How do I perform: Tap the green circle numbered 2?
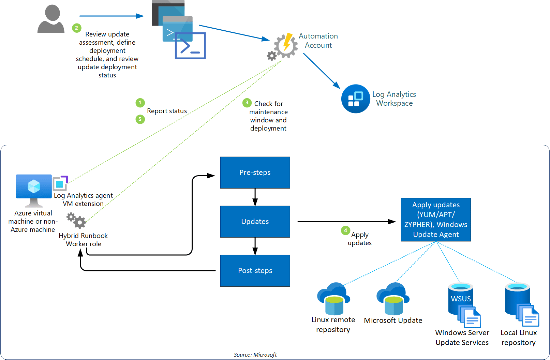click(77, 28)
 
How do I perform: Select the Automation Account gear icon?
click(285, 46)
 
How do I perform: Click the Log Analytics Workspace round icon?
click(355, 99)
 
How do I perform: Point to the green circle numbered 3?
click(247, 103)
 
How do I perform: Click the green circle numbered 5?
click(140, 119)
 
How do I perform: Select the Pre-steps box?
click(255, 172)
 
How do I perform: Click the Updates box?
click(255, 222)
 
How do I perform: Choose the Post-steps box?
click(255, 271)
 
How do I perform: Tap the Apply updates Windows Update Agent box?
click(436, 220)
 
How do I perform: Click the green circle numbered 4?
click(345, 230)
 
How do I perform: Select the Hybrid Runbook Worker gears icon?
click(76, 220)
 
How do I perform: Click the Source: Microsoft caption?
click(255, 355)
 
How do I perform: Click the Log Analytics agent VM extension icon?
click(60, 183)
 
